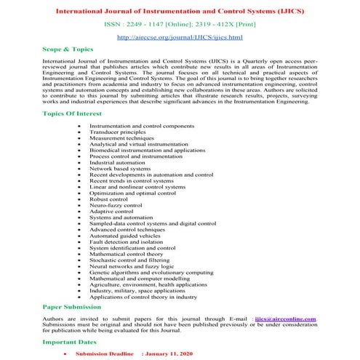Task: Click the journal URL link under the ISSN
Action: point(180,36)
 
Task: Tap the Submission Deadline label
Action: point(106,353)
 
